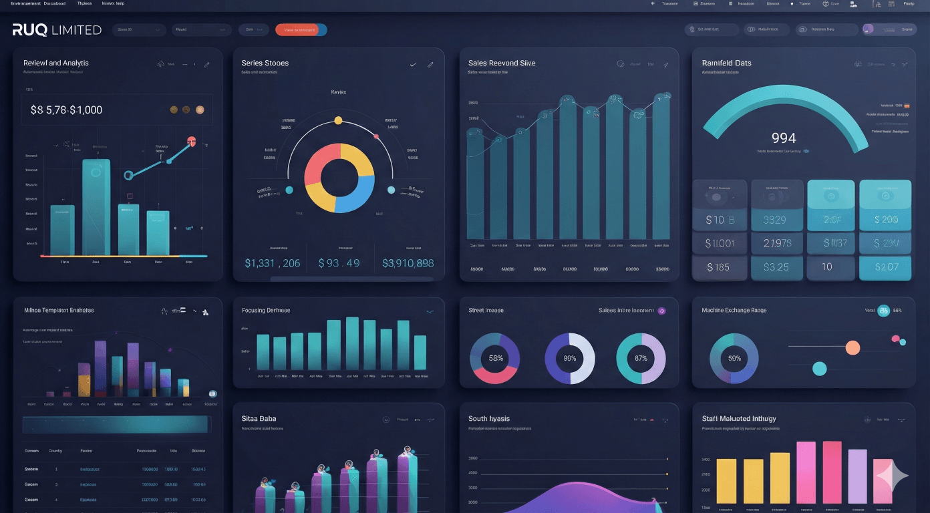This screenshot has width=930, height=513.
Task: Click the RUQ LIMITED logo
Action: point(57,30)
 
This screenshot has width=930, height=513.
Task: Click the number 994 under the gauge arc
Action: point(783,138)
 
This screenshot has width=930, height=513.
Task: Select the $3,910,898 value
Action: point(408,263)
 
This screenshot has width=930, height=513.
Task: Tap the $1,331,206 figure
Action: point(272,263)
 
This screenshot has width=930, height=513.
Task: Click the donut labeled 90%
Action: point(570,358)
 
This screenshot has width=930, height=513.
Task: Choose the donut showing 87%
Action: point(641,358)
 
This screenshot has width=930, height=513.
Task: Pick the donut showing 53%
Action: point(495,358)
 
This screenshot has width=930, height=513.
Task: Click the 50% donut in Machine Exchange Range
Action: point(734,358)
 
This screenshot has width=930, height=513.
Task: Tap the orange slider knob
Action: point(852,347)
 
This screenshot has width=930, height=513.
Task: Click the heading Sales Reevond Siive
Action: point(502,63)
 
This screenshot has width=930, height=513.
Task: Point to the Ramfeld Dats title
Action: point(726,63)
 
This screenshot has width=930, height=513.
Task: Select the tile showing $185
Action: point(718,267)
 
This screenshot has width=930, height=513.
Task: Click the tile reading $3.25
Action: point(775,267)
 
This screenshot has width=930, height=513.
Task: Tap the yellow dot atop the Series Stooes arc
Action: point(338,120)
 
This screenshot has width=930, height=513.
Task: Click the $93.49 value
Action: point(339,263)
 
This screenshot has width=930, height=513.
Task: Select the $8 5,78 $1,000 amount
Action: point(66,110)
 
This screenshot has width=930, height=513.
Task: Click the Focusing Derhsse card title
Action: point(266,311)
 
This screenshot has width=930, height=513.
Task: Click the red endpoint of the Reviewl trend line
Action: point(192,141)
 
